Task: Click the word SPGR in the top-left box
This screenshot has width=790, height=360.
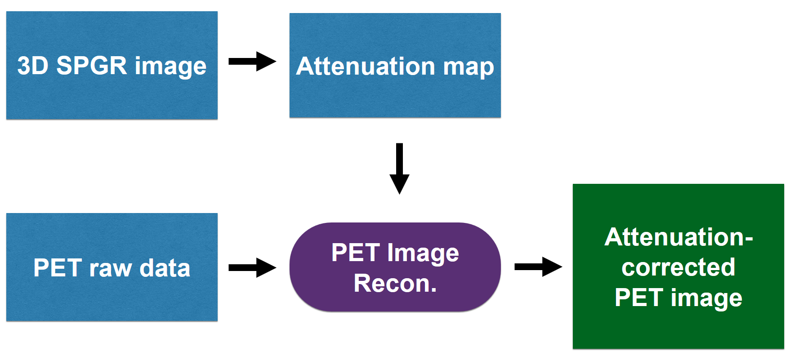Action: tap(92, 66)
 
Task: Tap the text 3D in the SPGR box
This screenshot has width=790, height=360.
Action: tap(32, 66)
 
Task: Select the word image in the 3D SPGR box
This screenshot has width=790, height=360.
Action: tap(170, 67)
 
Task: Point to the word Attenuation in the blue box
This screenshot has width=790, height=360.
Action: tap(366, 66)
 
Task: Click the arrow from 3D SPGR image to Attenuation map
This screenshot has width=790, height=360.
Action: tap(252, 61)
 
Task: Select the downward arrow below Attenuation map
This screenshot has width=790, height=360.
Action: tap(399, 168)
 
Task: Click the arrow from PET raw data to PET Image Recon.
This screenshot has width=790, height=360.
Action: tap(252, 268)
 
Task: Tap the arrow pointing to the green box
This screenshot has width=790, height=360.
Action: tap(538, 267)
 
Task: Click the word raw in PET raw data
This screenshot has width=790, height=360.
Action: tap(110, 268)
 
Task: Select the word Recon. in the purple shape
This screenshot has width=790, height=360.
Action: tap(395, 284)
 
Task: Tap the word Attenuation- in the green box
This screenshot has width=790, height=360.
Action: tap(678, 237)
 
